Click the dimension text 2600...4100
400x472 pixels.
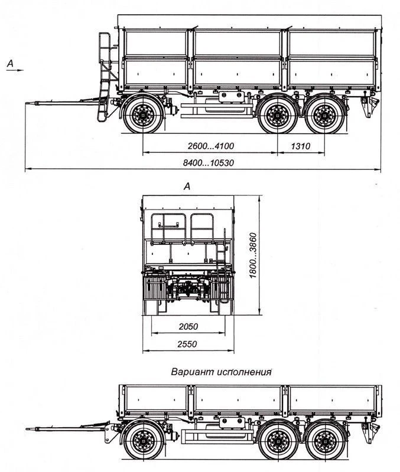(209, 145)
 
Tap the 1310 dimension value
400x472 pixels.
(301, 145)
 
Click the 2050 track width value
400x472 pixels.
(188, 326)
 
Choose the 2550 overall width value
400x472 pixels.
(188, 344)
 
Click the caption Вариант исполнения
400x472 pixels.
(221, 372)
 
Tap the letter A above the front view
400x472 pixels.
(187, 186)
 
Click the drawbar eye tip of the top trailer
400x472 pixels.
(28, 104)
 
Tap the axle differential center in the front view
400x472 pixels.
(188, 289)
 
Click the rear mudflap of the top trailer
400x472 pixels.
(368, 107)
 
